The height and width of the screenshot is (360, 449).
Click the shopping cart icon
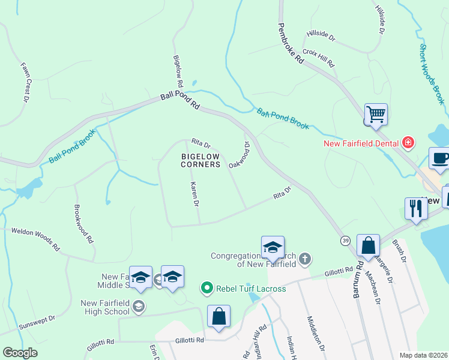[x=376, y=114]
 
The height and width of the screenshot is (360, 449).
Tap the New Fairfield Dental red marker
[x=408, y=143]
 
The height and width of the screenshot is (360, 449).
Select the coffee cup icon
[x=440, y=158]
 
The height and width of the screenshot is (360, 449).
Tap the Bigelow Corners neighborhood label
[x=201, y=160]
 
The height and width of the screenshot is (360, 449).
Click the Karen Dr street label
[x=194, y=194]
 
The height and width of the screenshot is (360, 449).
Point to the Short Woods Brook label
[x=432, y=74]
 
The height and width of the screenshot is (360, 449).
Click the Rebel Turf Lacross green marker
[x=207, y=289]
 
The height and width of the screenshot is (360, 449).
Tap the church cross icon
[x=305, y=259]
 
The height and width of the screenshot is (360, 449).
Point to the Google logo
[x=20, y=353]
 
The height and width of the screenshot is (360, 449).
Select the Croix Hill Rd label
[x=318, y=58]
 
